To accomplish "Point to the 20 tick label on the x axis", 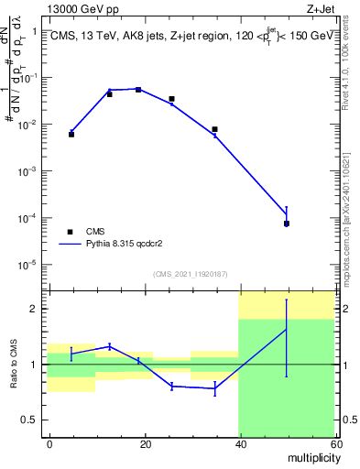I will pos(145,443).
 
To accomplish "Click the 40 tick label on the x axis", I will pos(239,443).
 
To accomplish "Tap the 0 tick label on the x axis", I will pos(49,443).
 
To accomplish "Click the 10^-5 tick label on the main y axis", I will pos(27,266).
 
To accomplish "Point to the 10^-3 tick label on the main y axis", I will pos(27,171).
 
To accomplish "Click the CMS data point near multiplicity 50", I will pos(287,224).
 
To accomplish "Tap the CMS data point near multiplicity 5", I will pos(71,135).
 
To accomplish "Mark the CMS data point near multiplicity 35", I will pos(214,129).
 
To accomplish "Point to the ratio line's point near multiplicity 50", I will pos(287,330).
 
